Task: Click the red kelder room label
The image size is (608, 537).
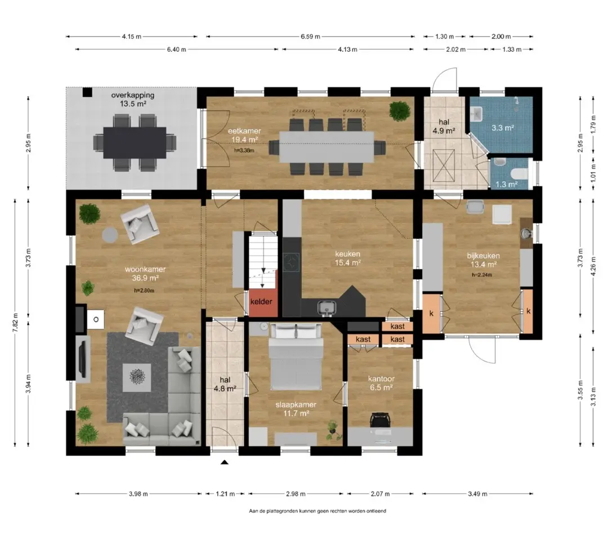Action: click(261, 302)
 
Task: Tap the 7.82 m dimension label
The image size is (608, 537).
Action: click(16, 322)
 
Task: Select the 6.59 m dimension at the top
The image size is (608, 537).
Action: click(310, 37)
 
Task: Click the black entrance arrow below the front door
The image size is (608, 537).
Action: click(225, 462)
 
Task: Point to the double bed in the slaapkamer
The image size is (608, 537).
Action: click(296, 357)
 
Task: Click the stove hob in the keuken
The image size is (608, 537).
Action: click(291, 262)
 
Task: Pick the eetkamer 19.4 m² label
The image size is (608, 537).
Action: click(244, 135)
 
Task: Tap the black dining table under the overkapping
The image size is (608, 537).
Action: click(135, 142)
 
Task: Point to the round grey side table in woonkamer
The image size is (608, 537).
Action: click(110, 235)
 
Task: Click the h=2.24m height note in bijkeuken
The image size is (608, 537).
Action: click(482, 275)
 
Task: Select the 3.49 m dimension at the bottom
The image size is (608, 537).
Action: click(477, 494)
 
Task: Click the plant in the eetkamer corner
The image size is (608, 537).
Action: click(400, 110)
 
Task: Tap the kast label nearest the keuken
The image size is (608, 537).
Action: click(397, 326)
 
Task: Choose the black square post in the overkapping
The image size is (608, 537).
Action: click(88, 92)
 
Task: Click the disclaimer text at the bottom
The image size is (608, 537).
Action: click(318, 511)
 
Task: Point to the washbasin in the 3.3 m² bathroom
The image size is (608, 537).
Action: click(477, 114)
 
